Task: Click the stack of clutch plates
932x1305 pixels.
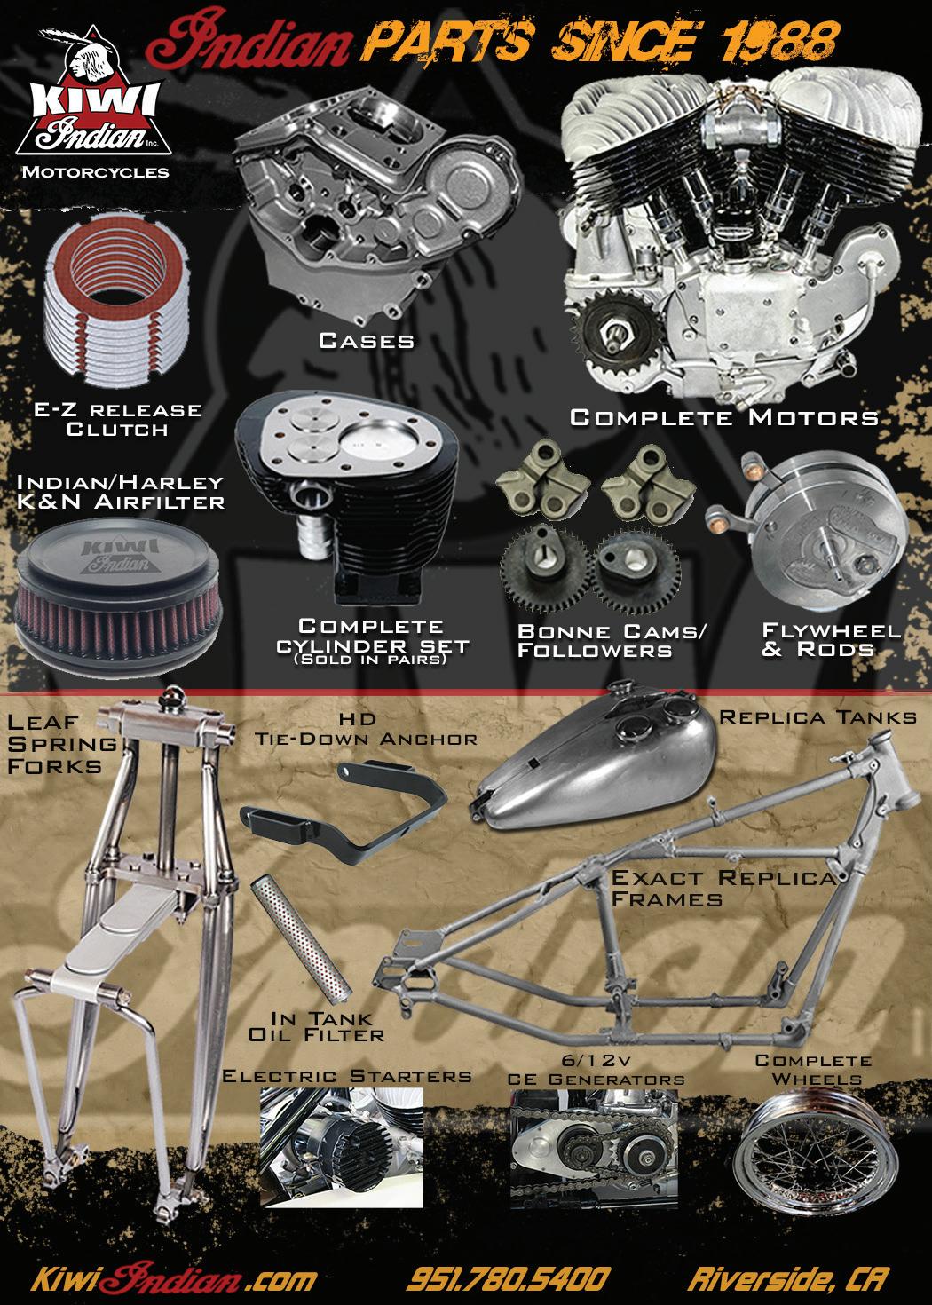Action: [x=116, y=298]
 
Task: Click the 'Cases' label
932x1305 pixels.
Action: [x=367, y=341]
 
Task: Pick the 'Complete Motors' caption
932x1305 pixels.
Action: [x=724, y=417]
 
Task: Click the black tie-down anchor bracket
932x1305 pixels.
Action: [x=343, y=812]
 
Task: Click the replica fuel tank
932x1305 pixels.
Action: [x=594, y=760]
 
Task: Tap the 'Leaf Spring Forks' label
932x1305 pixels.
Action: [x=62, y=744]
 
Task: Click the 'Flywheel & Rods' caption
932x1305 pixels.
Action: [x=831, y=640]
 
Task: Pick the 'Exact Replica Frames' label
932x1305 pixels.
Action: [x=724, y=888]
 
